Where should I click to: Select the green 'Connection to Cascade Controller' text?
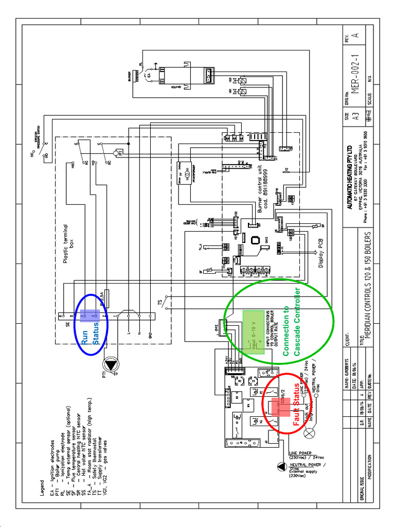[x=291, y=323]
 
